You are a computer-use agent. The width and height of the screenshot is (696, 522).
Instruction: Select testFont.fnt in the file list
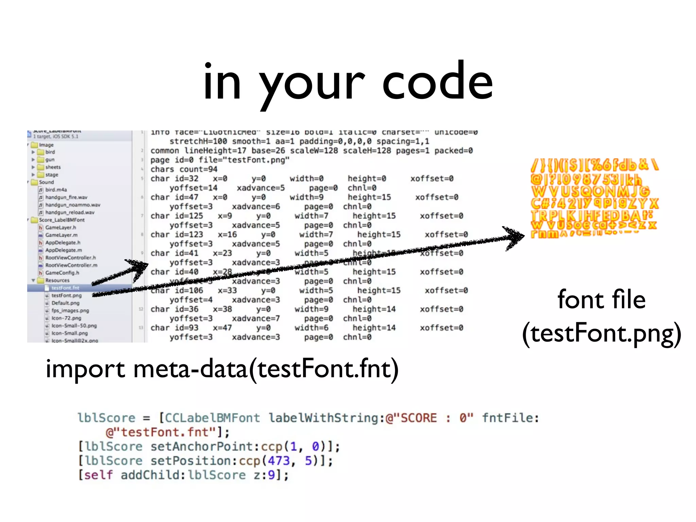pyautogui.click(x=65, y=288)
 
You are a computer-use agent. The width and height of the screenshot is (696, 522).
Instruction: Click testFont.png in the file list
pyautogui.click(x=67, y=295)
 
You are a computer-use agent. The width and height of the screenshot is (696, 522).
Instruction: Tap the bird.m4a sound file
pyautogui.click(x=56, y=190)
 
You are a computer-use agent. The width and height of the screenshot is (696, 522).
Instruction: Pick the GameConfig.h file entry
pyautogui.click(x=62, y=273)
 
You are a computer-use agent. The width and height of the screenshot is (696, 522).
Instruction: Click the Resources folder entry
pyautogui.click(x=57, y=280)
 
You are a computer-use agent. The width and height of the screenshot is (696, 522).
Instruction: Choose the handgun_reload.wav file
pyautogui.click(x=70, y=212)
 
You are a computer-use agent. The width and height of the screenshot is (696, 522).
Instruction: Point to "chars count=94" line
pyautogui.click(x=184, y=169)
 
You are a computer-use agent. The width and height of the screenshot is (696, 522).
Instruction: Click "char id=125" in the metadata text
pyautogui.click(x=177, y=216)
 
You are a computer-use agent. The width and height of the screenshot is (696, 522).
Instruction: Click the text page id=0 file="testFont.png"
pyautogui.click(x=220, y=160)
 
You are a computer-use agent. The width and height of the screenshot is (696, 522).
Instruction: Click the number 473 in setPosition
pyautogui.click(x=279, y=461)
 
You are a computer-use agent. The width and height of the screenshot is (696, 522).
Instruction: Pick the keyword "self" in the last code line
pyautogui.click(x=98, y=475)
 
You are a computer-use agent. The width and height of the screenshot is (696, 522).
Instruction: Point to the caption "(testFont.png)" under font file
pyautogui.click(x=601, y=333)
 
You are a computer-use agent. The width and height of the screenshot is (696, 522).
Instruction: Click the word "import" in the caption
pyautogui.click(x=85, y=369)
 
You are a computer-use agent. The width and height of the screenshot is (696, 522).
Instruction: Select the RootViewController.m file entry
pyautogui.click(x=71, y=265)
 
